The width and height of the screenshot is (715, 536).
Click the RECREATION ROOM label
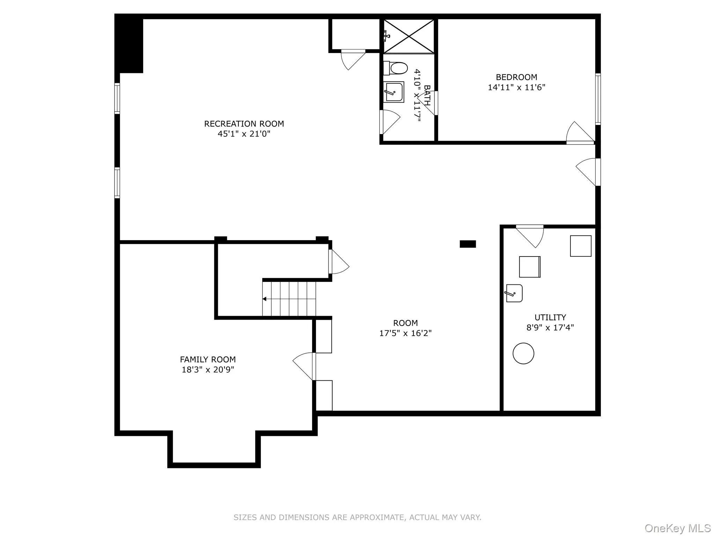pyautogui.click(x=244, y=124)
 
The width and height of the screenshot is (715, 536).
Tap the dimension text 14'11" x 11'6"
pyautogui.click(x=516, y=87)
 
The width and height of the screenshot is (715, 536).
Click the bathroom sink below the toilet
pyautogui.click(x=394, y=92)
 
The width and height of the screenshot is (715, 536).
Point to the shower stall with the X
pyautogui.click(x=409, y=36)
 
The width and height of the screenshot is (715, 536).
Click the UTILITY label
pyautogui.click(x=550, y=317)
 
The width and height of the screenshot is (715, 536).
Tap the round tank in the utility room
pyautogui.click(x=523, y=353)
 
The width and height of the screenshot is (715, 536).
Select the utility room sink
pyautogui.click(x=514, y=293)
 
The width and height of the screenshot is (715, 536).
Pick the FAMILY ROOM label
pyautogui.click(x=208, y=359)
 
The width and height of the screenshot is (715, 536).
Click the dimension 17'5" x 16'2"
pyautogui.click(x=405, y=333)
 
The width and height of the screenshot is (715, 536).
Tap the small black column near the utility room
pyautogui.click(x=467, y=244)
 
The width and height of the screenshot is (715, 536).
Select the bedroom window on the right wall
pyautogui.click(x=598, y=99)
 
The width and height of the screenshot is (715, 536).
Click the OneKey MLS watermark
pyautogui.click(x=677, y=528)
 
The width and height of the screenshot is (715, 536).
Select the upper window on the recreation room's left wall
pyautogui.click(x=117, y=98)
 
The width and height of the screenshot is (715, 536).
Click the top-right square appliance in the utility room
pyautogui.click(x=581, y=246)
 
